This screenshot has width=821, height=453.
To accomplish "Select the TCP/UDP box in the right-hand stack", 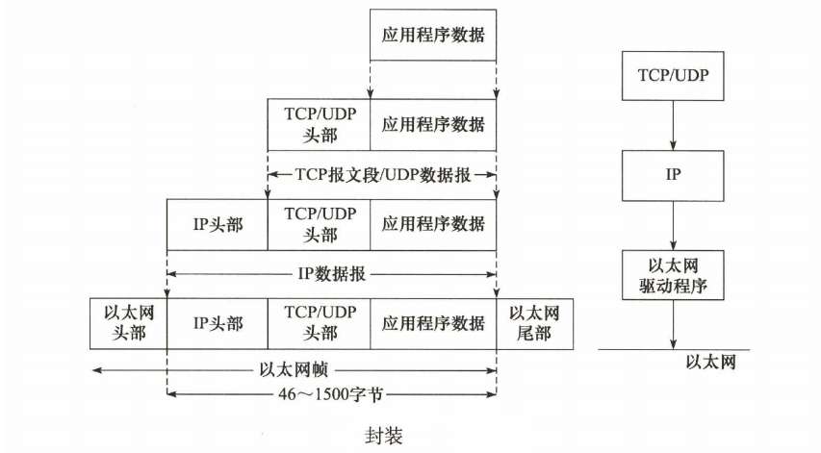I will [x=673, y=74].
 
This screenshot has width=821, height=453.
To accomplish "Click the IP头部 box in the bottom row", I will [x=218, y=322].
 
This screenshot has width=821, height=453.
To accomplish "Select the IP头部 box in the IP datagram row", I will [x=218, y=224].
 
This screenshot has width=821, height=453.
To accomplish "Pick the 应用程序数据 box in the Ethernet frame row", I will [x=433, y=322].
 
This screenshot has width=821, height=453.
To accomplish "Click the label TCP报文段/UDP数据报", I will [x=382, y=175].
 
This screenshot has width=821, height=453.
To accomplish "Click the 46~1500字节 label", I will [x=331, y=392].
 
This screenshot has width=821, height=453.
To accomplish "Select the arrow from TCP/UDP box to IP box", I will [x=673, y=126].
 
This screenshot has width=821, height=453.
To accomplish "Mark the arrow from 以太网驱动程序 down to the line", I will [x=673, y=324].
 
